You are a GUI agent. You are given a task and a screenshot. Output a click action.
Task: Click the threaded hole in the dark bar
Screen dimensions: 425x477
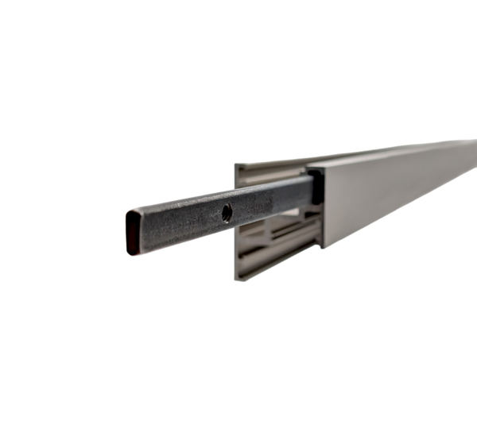point(227,212)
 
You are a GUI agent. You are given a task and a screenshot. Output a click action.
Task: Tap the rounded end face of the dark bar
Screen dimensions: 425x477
point(132,231)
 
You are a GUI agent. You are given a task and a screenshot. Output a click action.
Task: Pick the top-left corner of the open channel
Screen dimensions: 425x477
point(236,166)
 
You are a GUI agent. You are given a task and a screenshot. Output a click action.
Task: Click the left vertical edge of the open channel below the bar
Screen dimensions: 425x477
point(237,254)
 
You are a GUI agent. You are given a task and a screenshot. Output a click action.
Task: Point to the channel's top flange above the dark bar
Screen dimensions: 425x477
point(270,169)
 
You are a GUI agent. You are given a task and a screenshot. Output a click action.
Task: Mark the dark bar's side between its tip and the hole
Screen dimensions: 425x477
point(179,224)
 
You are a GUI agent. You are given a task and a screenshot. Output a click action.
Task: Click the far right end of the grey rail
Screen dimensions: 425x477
point(472,159)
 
